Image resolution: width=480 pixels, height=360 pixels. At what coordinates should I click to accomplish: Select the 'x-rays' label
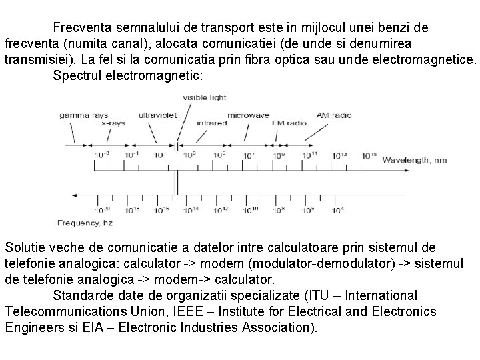(x=114, y=123)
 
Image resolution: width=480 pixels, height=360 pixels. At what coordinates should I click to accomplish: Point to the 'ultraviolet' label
(x=157, y=115)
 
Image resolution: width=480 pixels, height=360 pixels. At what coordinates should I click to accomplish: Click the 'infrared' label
(x=211, y=123)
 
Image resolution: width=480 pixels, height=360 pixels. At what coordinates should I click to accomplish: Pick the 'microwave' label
(x=248, y=115)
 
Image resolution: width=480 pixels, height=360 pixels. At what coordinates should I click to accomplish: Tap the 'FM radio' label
(x=289, y=123)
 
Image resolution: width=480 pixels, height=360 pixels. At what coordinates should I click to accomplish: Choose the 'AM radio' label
(x=332, y=115)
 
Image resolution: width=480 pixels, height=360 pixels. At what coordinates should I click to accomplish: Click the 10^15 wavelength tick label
(x=369, y=155)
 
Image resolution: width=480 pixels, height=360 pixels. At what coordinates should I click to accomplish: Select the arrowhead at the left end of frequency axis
(x=75, y=195)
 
